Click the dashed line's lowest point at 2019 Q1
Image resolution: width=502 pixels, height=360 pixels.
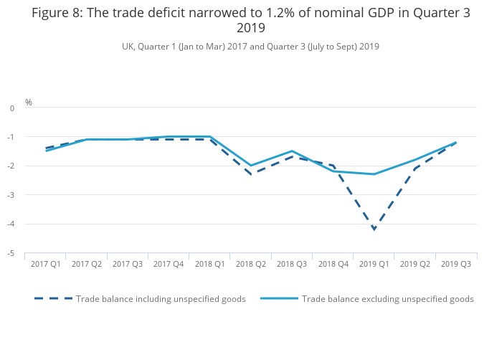tap(374, 229)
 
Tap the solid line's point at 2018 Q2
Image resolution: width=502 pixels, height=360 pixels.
tap(251, 166)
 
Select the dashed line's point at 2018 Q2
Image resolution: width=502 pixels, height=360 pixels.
tap(251, 174)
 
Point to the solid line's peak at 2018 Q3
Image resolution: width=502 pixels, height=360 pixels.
tap(292, 151)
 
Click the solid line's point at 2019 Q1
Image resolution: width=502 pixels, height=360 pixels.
tap(374, 174)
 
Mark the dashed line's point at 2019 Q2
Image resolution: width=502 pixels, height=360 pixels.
tap(415, 169)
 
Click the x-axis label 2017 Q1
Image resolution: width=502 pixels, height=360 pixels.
tap(45, 265)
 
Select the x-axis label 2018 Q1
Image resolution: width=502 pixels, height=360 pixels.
tap(210, 265)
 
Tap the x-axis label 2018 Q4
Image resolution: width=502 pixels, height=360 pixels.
tap(333, 265)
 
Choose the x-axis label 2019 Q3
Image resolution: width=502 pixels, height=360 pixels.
tap(456, 265)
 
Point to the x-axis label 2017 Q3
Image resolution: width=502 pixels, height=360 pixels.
tap(128, 265)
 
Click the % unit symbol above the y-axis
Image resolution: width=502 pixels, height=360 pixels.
tap(29, 103)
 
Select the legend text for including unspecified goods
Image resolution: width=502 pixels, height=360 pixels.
tap(161, 299)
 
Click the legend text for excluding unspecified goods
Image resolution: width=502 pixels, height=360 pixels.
tap(387, 299)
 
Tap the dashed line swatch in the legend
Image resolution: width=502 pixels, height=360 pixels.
tap(54, 299)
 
